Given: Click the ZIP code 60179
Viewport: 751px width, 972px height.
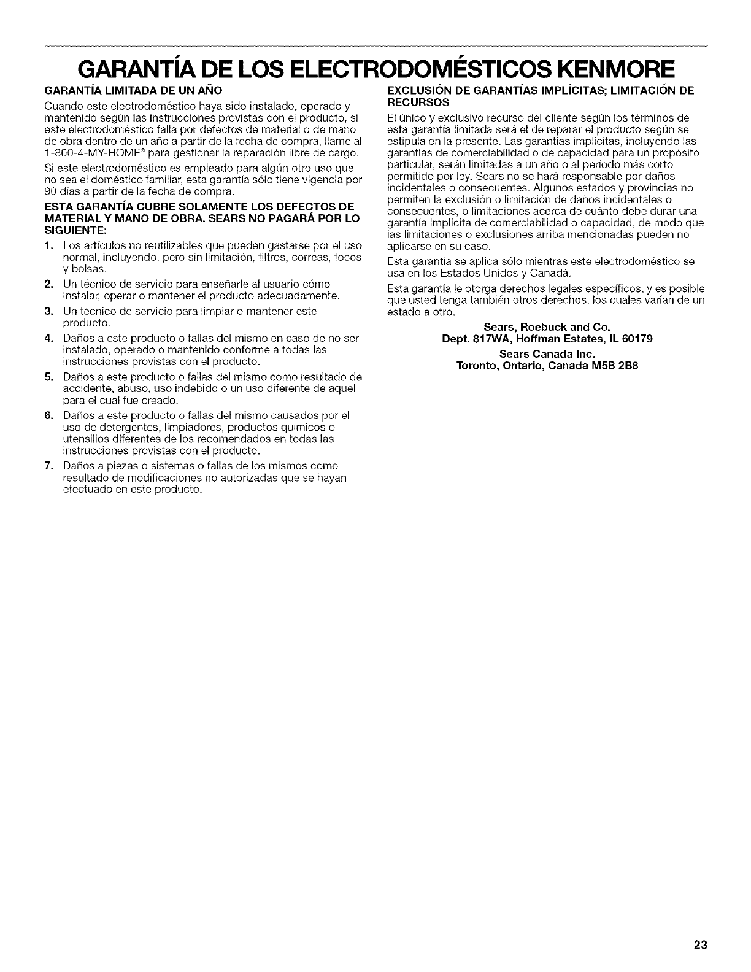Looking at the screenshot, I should point(638,338).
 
